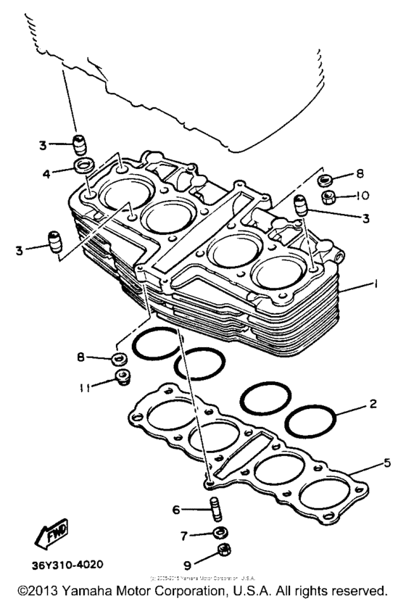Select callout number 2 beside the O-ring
[372, 404]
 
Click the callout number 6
[176, 510]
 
